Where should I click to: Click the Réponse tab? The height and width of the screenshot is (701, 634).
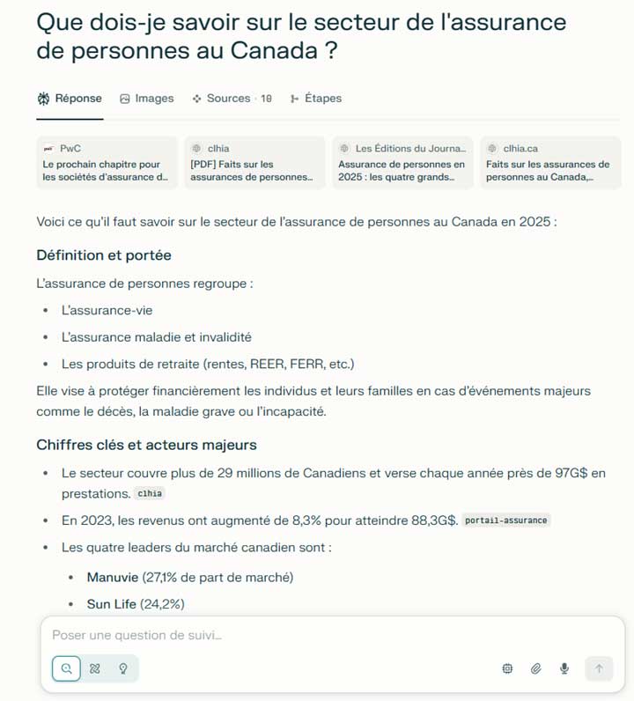70,99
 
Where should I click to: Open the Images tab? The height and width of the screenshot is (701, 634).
147,99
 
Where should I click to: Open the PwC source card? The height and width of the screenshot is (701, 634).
107,163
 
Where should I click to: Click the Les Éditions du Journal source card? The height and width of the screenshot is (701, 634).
402,163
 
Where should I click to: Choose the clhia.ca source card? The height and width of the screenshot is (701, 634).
549,163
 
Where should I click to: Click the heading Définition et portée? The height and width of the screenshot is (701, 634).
104,255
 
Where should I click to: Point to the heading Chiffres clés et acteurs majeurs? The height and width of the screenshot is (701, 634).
146,445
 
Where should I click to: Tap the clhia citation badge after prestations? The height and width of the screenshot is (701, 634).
151,494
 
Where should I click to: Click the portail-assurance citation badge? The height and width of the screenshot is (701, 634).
506,520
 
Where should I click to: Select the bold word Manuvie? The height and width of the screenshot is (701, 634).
112,578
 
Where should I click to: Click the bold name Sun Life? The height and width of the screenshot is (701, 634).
111,604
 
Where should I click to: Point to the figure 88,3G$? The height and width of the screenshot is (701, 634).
434,520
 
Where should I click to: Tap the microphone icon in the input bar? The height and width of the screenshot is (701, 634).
564,668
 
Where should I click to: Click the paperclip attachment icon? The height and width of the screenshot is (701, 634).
535,668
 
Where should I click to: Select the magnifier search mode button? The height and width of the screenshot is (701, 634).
66,668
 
